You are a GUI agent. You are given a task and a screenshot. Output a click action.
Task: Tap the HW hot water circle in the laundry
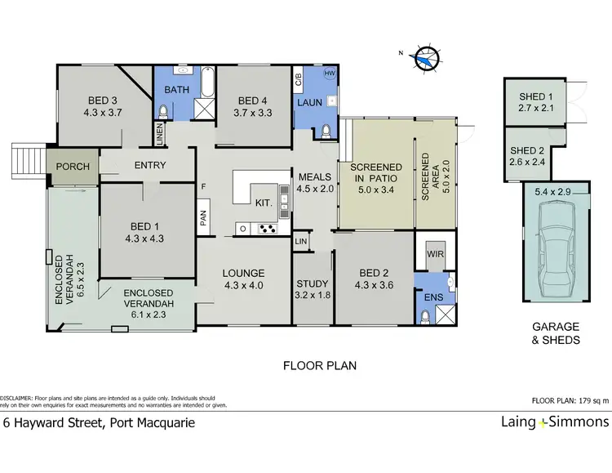pos(330,73)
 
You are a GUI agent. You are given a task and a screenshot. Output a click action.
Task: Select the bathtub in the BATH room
pos(207,82)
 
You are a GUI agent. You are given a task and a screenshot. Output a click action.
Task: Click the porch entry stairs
pos(29,161)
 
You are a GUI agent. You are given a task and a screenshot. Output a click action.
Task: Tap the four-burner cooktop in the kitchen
pos(268,228)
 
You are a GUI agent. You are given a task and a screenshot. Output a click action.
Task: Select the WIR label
pos(435,254)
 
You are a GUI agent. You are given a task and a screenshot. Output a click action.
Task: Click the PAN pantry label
pos(203,218)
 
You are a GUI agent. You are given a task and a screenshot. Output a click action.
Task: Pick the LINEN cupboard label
pos(160,134)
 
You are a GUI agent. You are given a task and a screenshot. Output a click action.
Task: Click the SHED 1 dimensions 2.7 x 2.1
pos(536,108)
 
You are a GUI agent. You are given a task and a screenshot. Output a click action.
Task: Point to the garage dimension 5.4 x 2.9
pos(552,192)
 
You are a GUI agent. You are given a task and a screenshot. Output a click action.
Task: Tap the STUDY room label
pos(313,283)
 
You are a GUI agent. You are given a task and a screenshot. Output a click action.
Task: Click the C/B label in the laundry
pos(299,79)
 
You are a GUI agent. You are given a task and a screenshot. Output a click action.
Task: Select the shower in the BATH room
pos(205,109)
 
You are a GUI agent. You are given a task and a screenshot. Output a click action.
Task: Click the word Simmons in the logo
pos(579,422)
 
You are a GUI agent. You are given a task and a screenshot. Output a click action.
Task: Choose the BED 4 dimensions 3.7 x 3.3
pos(253,113)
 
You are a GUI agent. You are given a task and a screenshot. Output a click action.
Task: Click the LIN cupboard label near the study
pos(301,242)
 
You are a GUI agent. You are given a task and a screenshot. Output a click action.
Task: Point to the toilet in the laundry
pos(326,132)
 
